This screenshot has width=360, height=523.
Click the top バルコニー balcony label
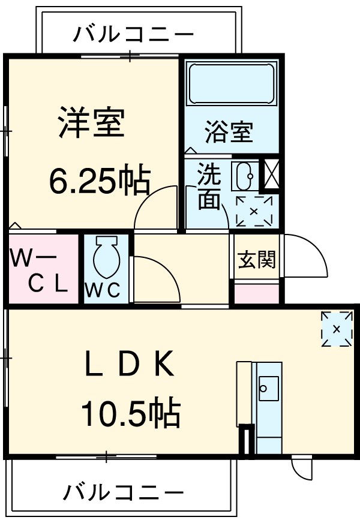click(x=133, y=34)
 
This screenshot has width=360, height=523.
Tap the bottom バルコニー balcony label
click(x=124, y=493)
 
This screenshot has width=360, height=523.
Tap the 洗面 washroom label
click(x=209, y=187)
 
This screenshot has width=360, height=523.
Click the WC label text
click(x=106, y=290)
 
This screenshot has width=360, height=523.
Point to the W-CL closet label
click(x=40, y=272)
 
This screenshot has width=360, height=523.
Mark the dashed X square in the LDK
click(x=336, y=329)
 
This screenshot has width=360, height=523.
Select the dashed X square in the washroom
click(x=253, y=211)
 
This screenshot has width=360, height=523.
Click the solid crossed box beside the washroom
click(x=271, y=173)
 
